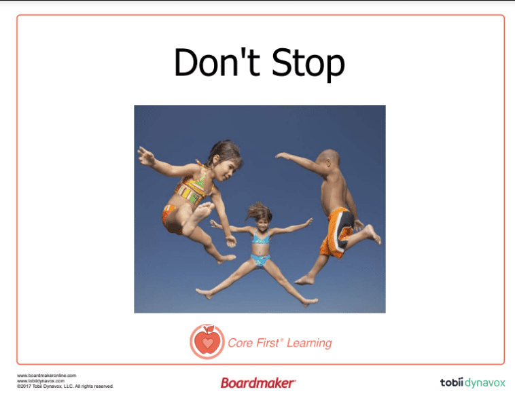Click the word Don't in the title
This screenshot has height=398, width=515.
(x=217, y=62)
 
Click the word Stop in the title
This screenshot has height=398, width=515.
(x=308, y=64)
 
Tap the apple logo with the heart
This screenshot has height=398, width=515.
(x=207, y=342)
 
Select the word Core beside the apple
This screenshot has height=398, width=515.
(x=240, y=343)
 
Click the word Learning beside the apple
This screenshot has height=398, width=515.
(x=309, y=344)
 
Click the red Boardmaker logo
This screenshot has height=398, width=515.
(x=258, y=383)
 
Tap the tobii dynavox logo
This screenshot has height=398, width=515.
(x=472, y=382)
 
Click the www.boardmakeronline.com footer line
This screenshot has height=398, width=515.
(x=47, y=376)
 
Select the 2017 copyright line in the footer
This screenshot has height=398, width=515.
(x=65, y=386)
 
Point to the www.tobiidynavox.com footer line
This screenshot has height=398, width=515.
(x=41, y=381)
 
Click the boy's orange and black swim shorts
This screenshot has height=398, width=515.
(x=337, y=232)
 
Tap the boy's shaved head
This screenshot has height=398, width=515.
(x=328, y=158)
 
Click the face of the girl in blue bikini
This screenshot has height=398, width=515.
(x=262, y=223)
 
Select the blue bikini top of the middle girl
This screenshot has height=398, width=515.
(x=261, y=237)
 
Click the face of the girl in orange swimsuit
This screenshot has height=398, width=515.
(x=228, y=169)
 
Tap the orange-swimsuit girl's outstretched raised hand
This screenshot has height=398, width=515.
(x=146, y=157)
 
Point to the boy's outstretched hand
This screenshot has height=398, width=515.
(x=282, y=156)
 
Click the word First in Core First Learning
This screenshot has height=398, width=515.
(x=268, y=343)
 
